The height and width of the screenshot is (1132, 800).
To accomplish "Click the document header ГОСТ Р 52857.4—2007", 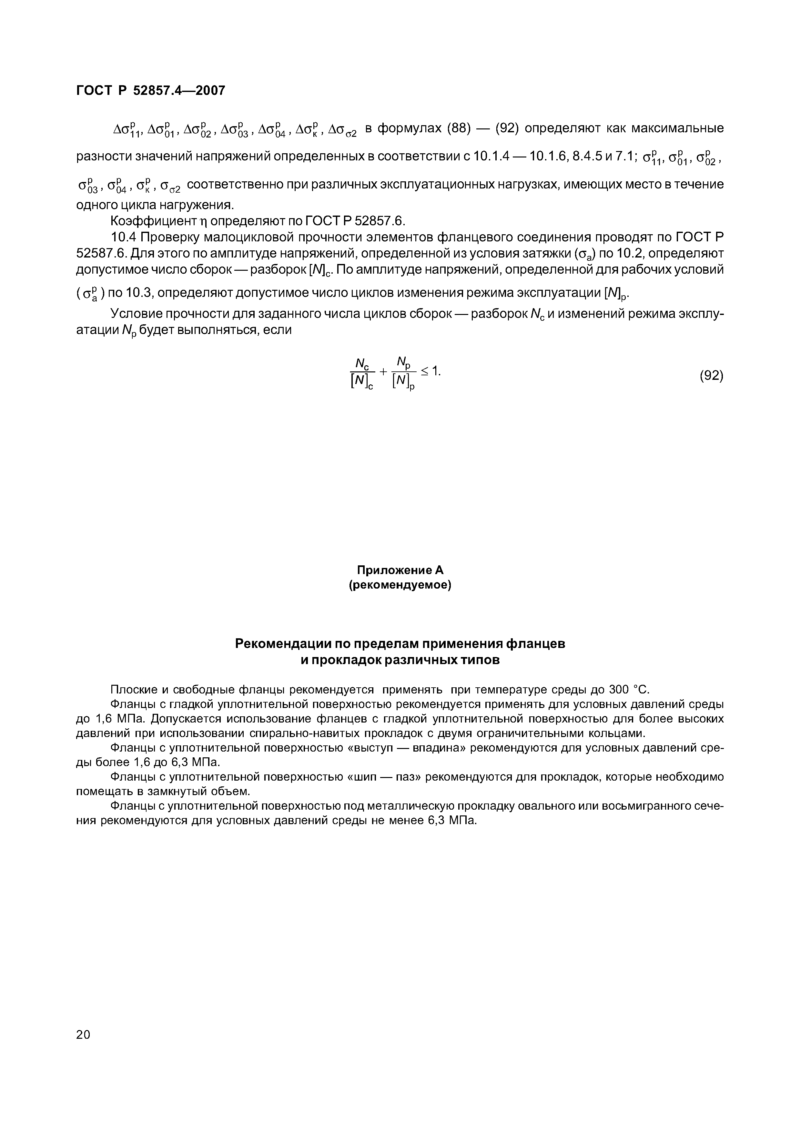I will pos(150,91).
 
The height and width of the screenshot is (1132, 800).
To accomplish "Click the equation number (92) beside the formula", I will pos(711,376).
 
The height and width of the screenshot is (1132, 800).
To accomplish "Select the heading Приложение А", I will pos(400,570).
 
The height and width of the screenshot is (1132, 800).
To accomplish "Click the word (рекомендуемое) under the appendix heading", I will pos(400,585).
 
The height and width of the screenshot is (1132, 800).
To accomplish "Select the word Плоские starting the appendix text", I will pos(130,689).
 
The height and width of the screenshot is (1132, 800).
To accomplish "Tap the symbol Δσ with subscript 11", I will pos(127,130).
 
